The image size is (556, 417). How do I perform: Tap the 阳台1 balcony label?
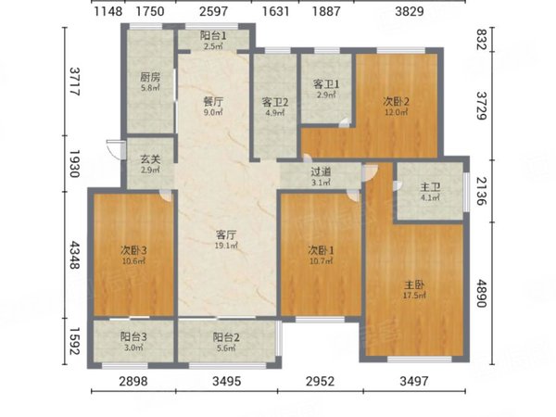(x=213, y=36)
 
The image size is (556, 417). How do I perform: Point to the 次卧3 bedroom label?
(x=133, y=250)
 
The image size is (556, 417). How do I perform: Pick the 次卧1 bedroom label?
(x=321, y=250)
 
